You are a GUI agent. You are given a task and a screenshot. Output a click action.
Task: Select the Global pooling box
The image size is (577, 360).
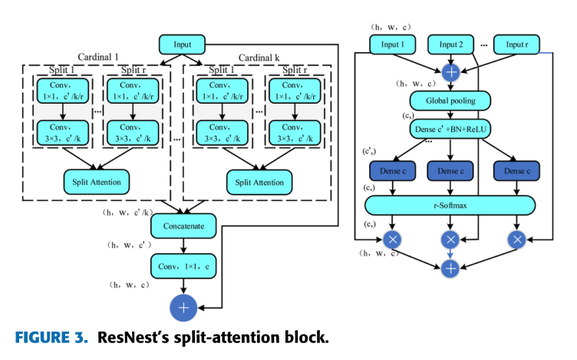pos(450,100)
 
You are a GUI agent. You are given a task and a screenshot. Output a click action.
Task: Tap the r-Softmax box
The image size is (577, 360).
pos(450,205)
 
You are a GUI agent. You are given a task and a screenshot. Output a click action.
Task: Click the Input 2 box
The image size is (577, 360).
pos(450,45)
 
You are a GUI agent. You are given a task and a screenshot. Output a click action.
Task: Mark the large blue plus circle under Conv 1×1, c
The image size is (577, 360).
pos(183,308)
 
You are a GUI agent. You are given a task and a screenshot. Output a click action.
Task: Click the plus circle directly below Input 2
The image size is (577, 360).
pos(450,73)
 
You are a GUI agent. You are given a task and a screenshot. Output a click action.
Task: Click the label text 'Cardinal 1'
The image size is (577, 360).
pos(98,57)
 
